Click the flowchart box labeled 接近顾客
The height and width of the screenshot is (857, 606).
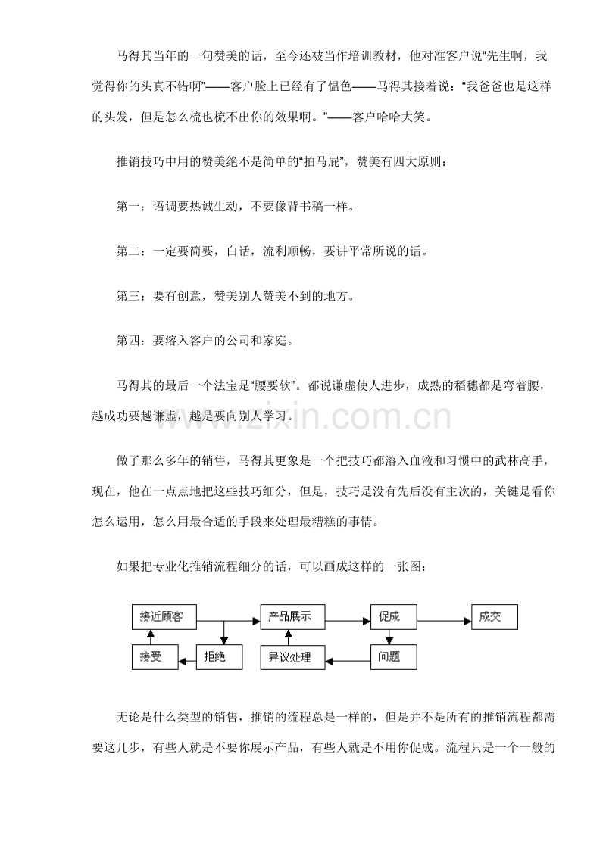point(164,617)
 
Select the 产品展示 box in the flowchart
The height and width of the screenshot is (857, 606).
point(292,617)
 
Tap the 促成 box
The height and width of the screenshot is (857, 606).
point(393,617)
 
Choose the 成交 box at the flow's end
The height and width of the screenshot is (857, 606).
point(495,617)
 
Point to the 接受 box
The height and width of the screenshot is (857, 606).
point(155,656)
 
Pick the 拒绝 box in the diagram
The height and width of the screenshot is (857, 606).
point(220,656)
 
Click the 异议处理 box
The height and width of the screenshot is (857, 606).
point(292,656)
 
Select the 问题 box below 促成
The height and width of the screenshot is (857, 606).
point(393,656)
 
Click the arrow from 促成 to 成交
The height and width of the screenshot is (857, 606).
point(444,620)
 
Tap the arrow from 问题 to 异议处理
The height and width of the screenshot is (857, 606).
point(348,660)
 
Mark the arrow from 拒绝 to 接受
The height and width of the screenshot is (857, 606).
point(187,662)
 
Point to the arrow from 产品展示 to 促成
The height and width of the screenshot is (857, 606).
point(348,620)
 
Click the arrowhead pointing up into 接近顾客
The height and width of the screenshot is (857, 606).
point(151,634)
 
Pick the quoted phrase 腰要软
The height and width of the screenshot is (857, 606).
point(275,386)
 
